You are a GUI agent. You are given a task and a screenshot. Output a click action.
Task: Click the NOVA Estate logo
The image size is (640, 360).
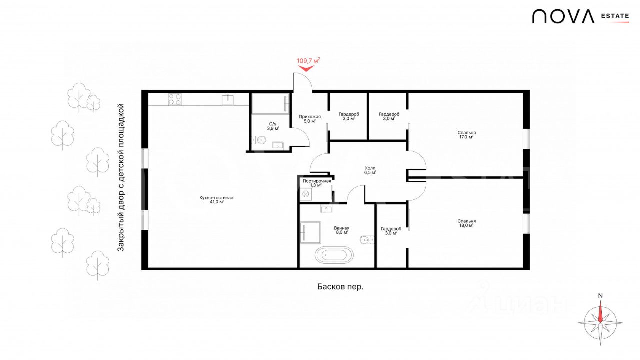(580, 16)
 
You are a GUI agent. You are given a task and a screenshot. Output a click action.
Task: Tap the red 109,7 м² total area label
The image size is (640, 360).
(308, 61)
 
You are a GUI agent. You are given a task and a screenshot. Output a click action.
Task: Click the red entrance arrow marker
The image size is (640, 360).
(306, 68)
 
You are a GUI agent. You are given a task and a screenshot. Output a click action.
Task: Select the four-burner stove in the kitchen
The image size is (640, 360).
(175, 99)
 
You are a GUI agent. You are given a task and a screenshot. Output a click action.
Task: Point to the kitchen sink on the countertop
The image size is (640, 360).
(228, 100)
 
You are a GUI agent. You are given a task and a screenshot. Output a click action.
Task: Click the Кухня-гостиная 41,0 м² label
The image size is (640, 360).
(216, 199)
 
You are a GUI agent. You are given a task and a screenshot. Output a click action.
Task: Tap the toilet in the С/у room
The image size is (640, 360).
(259, 140)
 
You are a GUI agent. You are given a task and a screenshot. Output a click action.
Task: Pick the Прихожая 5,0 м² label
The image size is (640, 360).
(310, 119)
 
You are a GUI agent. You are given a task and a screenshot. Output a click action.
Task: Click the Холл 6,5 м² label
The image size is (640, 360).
(370, 170)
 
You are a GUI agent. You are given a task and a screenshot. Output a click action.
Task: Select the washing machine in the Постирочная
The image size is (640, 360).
(306, 194)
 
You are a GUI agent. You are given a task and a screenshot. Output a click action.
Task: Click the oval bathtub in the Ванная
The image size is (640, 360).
(334, 255)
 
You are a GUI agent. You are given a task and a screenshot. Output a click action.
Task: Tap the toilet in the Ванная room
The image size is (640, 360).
(367, 240)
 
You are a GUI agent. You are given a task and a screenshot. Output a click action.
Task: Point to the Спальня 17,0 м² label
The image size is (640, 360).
(467, 135)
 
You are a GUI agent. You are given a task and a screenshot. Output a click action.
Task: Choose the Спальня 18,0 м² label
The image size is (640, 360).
(467, 223)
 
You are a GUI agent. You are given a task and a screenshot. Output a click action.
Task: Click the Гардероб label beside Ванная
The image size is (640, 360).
(391, 231)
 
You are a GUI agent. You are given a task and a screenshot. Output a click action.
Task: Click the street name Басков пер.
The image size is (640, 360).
(340, 287)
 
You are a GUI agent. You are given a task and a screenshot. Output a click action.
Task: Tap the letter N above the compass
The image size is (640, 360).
(600, 296)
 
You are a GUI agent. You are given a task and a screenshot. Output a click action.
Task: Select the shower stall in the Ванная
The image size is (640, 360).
(310, 233)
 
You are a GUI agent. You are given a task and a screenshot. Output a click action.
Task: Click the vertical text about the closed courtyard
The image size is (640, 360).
(121, 177)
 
